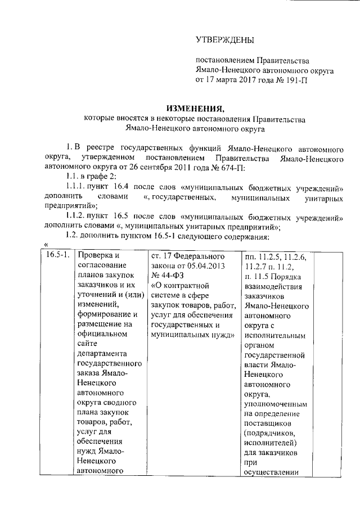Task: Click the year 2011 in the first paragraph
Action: pyautogui.click(x=198, y=169)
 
